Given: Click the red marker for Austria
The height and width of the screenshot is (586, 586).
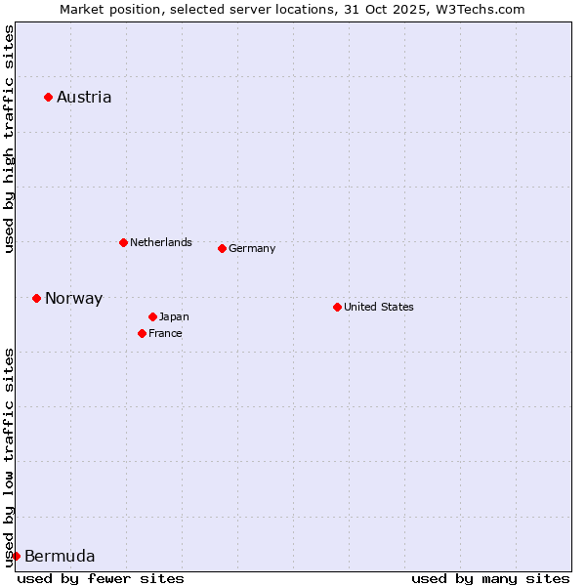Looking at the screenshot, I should [48, 97].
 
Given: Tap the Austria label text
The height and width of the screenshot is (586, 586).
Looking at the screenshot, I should [84, 97].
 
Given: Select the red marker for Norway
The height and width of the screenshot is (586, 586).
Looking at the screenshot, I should [36, 298].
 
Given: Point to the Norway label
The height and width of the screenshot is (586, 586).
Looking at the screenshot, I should [73, 299].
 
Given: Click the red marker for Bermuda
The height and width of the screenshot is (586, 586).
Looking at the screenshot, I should [16, 556].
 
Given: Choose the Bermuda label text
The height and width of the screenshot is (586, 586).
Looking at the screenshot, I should [60, 557].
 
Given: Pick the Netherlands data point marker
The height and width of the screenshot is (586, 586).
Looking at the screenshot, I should [123, 242].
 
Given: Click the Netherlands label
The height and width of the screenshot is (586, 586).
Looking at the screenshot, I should [160, 242].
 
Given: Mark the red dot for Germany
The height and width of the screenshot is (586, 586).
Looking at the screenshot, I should [222, 248].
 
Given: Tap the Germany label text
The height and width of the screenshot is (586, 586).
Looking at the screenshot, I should [252, 248].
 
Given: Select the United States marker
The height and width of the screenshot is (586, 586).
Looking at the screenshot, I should [337, 307].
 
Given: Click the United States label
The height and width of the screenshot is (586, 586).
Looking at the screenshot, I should [378, 307].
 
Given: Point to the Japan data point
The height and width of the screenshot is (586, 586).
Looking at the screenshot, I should [152, 316].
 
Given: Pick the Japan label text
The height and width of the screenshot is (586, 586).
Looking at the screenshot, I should [174, 316].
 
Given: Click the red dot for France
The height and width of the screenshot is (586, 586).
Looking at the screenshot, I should [142, 333].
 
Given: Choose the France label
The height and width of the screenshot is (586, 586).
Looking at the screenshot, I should [165, 333].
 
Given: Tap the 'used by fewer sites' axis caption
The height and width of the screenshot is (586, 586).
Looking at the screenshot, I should [101, 578].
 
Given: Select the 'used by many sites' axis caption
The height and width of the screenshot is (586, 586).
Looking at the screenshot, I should [490, 578].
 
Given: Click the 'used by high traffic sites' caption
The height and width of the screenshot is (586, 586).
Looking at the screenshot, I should [9, 140].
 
